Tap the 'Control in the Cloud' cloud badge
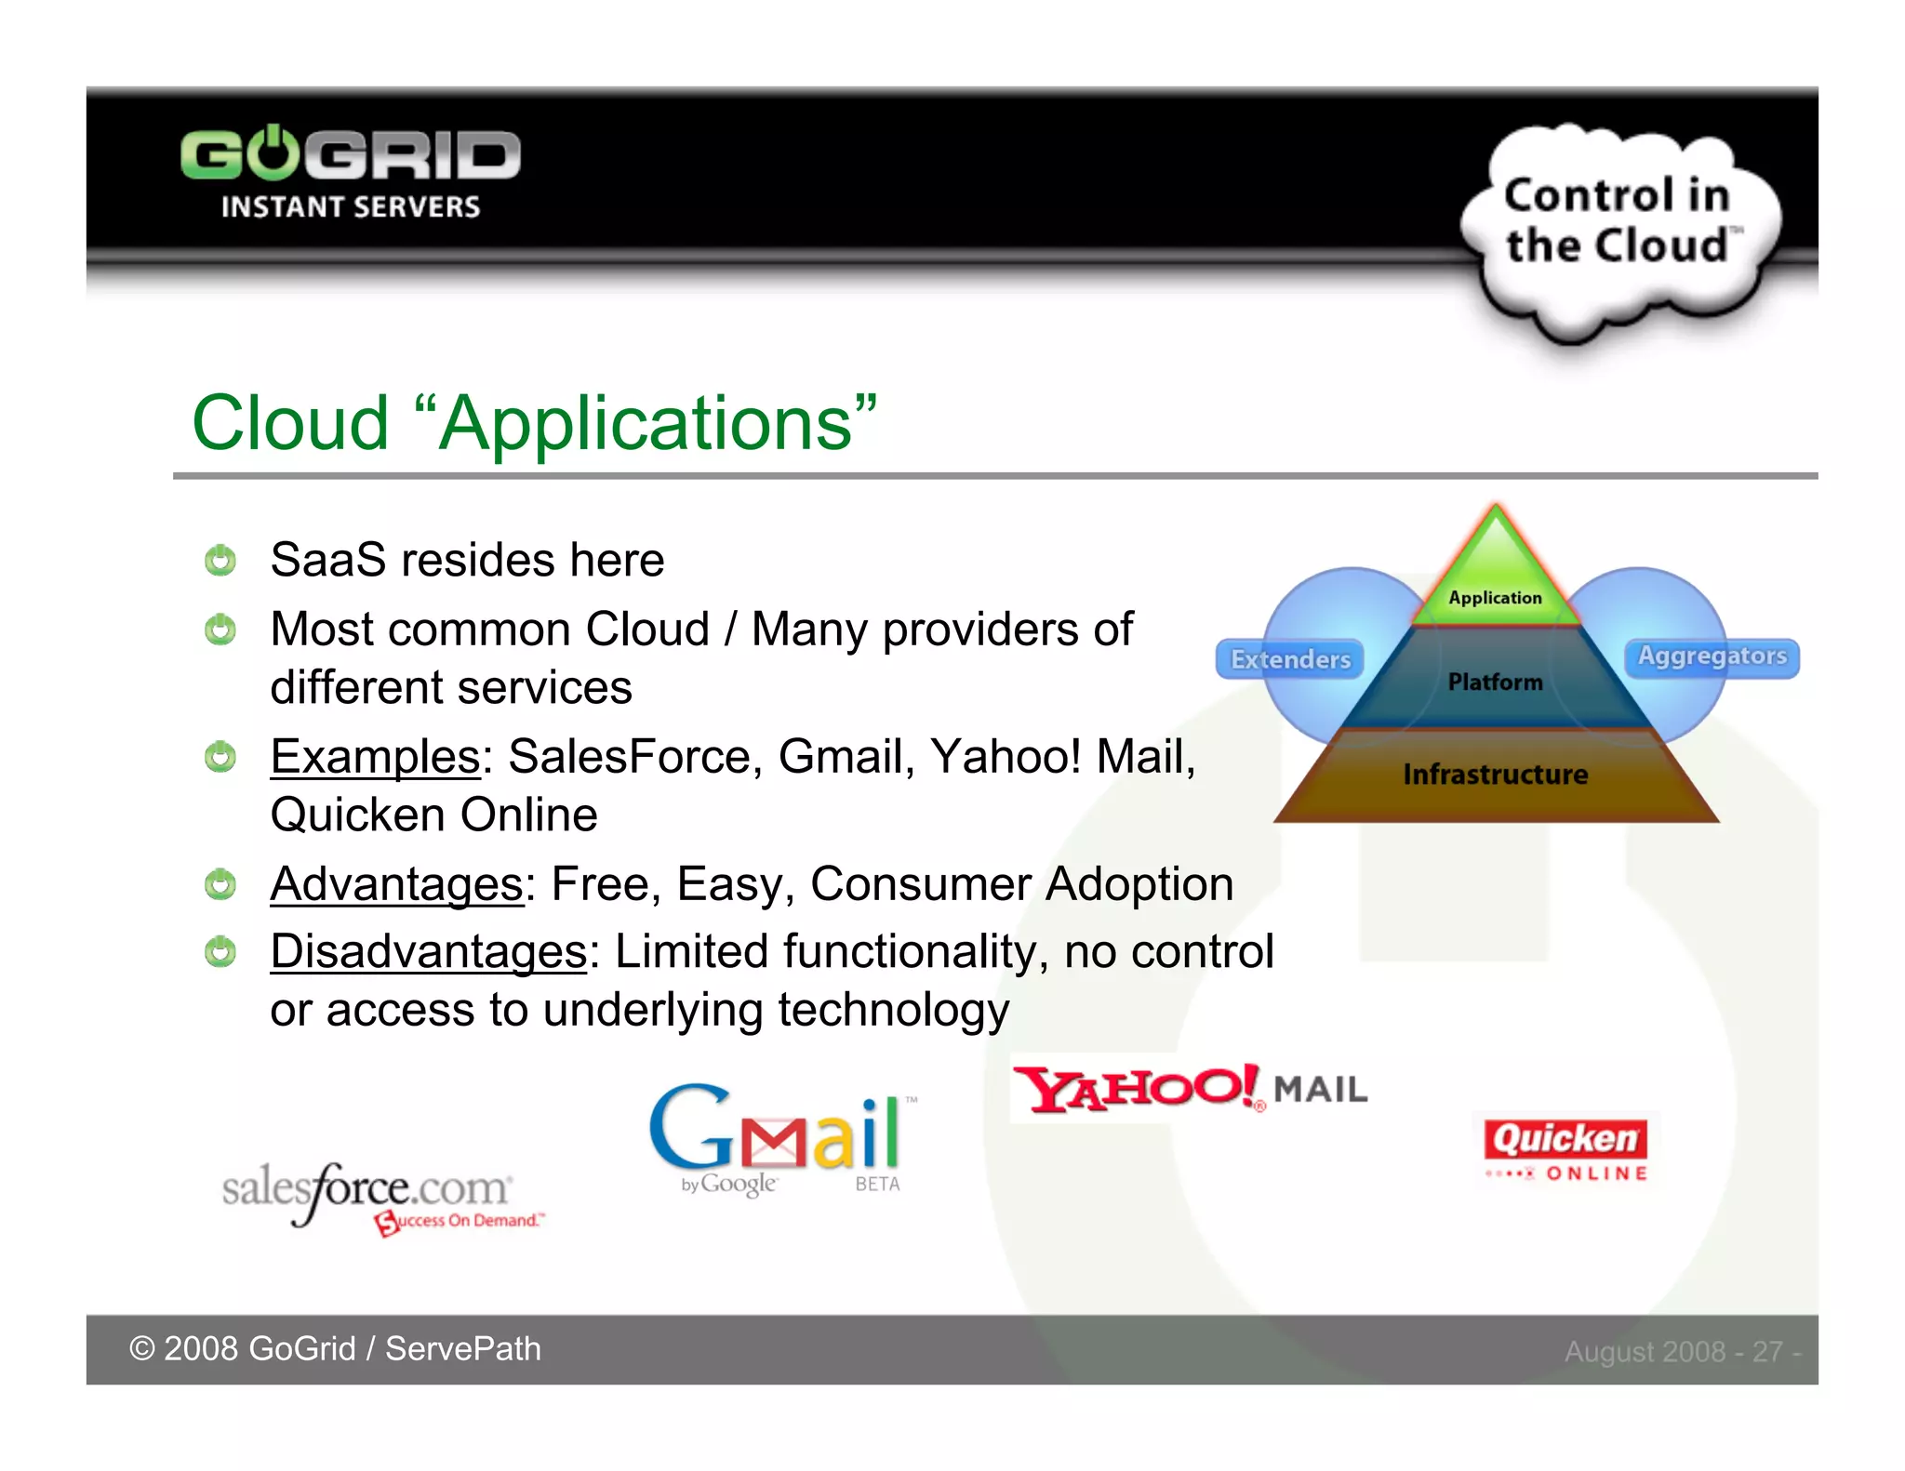(x=1619, y=223)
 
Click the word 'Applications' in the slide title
(x=645, y=423)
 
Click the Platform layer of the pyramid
(x=1495, y=682)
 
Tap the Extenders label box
(x=1290, y=659)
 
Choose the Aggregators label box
(x=1712, y=656)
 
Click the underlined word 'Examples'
(x=375, y=756)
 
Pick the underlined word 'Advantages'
(x=396, y=883)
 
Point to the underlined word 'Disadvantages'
(x=428, y=952)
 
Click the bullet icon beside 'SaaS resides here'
(x=220, y=560)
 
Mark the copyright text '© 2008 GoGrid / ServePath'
(x=335, y=1348)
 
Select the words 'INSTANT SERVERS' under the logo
(x=350, y=206)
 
